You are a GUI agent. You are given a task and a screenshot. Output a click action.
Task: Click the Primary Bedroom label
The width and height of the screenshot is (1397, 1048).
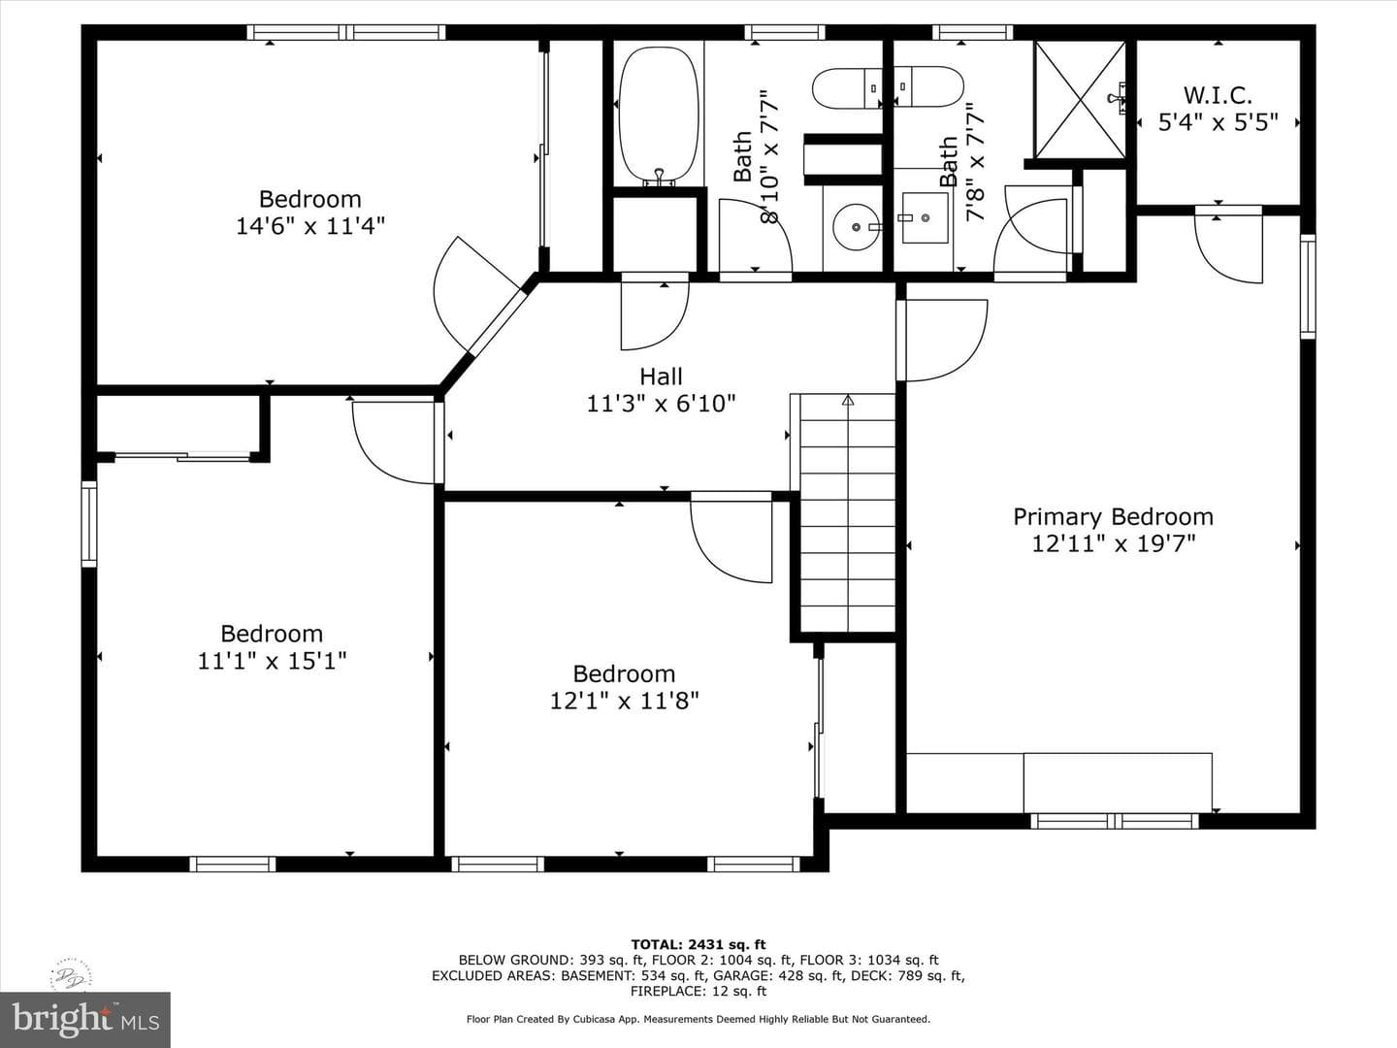click(x=1113, y=516)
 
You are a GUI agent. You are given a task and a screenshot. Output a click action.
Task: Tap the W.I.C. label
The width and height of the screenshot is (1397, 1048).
click(x=1218, y=96)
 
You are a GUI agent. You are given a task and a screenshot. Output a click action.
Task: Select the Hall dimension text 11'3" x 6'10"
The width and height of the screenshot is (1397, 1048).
click(x=661, y=404)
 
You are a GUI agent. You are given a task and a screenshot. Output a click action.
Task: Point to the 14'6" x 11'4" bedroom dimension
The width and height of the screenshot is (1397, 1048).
click(x=310, y=226)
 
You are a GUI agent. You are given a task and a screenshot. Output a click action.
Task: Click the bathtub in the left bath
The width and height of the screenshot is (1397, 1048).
click(x=659, y=115)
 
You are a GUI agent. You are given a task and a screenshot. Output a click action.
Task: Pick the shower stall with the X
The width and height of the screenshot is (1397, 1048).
click(x=1080, y=99)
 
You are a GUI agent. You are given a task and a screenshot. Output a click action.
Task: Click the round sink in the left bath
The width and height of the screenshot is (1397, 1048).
click(x=857, y=227)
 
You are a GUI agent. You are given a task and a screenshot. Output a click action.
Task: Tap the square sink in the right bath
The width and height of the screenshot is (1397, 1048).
click(x=925, y=217)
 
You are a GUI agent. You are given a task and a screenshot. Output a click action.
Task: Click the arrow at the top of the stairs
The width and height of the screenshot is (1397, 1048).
click(x=848, y=400)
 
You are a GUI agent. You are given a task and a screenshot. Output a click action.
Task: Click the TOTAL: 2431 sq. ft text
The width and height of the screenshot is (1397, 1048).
click(x=698, y=944)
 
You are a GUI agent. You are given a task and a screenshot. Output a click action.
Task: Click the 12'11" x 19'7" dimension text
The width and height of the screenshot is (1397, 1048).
click(x=1113, y=544)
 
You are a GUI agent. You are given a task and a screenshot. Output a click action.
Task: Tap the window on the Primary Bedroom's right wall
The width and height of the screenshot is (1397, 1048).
click(x=1308, y=286)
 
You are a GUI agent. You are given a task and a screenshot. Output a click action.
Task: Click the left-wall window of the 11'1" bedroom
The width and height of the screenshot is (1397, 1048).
click(x=89, y=524)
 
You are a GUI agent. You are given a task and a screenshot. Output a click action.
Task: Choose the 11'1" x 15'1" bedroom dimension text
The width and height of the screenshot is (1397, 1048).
click(x=272, y=661)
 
